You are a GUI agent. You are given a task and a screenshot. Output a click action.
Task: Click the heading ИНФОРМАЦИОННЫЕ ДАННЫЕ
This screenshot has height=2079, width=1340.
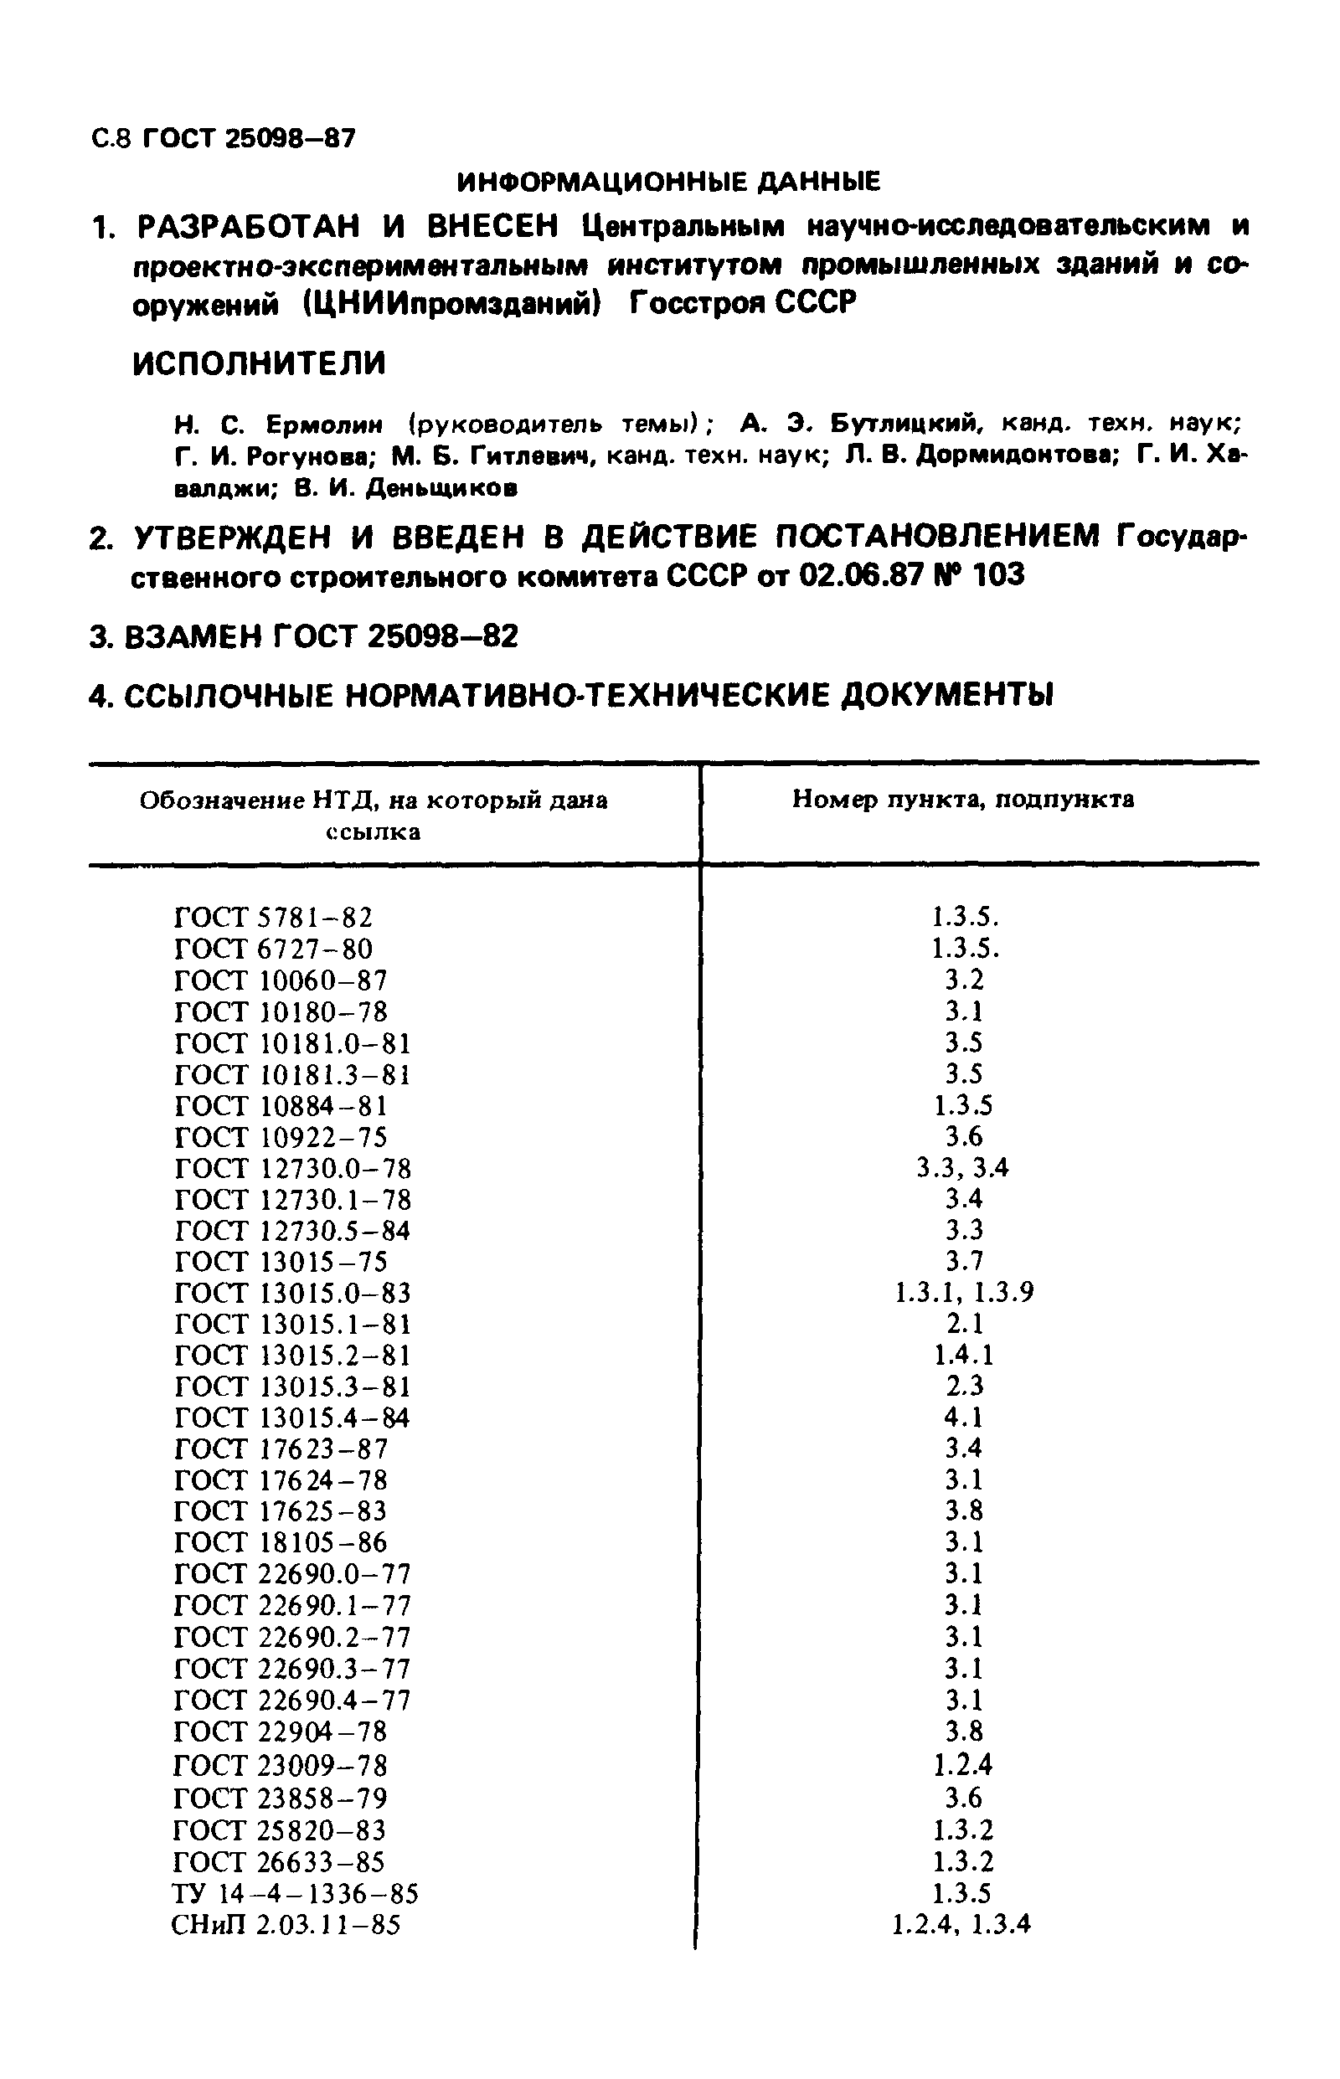click(x=668, y=182)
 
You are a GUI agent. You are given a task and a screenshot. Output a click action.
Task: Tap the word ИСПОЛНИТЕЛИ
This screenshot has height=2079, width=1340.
click(x=260, y=363)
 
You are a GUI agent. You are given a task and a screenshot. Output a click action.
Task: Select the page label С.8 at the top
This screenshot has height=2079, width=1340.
click(x=111, y=138)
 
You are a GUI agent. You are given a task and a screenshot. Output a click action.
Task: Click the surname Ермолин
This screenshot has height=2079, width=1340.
click(x=323, y=425)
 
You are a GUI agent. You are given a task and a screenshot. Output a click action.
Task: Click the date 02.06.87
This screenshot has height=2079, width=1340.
click(x=859, y=575)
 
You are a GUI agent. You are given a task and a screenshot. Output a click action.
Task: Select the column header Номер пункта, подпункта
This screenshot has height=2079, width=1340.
click(x=962, y=800)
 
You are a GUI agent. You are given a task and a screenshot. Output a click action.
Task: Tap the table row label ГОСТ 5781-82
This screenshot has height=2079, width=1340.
click(x=273, y=918)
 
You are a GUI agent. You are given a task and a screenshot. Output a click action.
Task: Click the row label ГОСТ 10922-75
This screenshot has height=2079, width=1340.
click(x=281, y=1137)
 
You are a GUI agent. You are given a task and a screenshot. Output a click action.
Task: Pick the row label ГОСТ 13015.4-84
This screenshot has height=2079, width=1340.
click(x=291, y=1418)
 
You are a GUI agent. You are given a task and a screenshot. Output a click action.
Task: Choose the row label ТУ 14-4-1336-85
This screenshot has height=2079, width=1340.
click(x=295, y=1894)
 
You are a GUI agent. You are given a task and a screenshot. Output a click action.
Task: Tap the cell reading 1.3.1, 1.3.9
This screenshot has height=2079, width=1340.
click(x=964, y=1293)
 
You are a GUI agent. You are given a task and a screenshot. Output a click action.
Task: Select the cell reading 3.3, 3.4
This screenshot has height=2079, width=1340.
click(x=962, y=1167)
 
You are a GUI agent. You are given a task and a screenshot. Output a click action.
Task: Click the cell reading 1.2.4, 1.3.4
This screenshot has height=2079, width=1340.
click(x=961, y=1924)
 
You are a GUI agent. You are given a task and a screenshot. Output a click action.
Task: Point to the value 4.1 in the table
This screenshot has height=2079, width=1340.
click(x=963, y=1418)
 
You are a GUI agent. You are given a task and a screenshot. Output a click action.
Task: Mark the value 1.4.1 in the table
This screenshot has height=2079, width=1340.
click(x=963, y=1356)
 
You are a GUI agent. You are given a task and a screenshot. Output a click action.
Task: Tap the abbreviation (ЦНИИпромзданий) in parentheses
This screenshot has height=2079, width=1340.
click(x=451, y=304)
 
